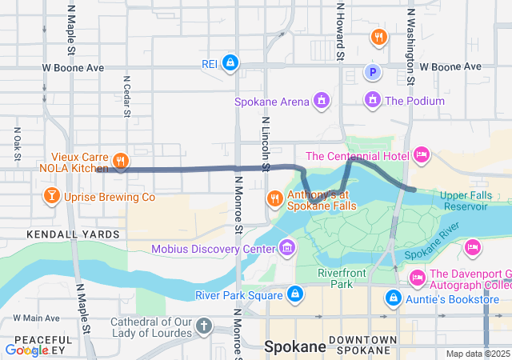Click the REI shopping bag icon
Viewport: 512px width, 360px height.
[230, 62]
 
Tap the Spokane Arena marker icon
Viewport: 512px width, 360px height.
[321, 101]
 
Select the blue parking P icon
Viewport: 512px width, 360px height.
[372, 73]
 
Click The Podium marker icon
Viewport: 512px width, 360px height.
[372, 101]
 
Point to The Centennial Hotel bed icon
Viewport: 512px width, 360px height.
[422, 154]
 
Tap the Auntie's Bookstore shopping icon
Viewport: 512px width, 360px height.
[394, 299]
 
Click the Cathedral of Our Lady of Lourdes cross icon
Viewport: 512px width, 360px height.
[205, 326]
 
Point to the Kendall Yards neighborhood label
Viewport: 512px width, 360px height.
[73, 234]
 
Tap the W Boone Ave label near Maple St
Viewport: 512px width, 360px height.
[74, 68]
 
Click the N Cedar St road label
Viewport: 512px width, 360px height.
[126, 97]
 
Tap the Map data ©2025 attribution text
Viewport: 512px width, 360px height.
[477, 354]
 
